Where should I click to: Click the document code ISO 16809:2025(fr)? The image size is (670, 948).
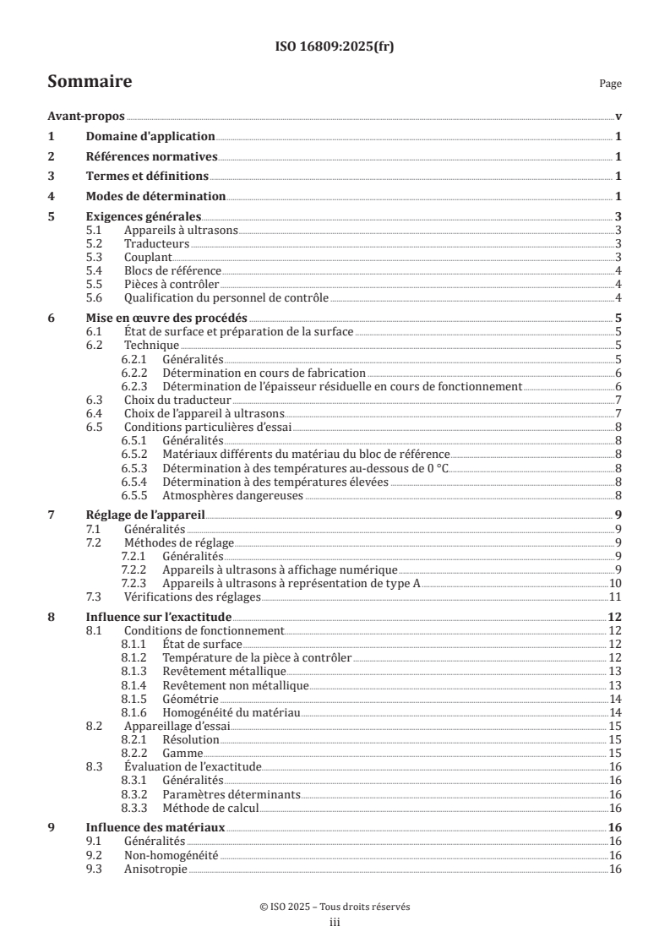(335, 47)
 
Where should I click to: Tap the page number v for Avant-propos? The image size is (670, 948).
(618, 117)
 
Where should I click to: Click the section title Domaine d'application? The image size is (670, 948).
(151, 137)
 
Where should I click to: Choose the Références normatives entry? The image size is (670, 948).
(152, 156)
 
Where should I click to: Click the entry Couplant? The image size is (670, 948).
(148, 257)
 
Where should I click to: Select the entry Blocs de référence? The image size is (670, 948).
(172, 270)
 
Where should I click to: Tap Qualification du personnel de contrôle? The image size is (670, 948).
(226, 297)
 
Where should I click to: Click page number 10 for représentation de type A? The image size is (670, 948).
(617, 583)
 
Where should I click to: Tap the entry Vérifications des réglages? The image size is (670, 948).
(190, 597)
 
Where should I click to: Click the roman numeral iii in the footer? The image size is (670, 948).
(335, 923)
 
